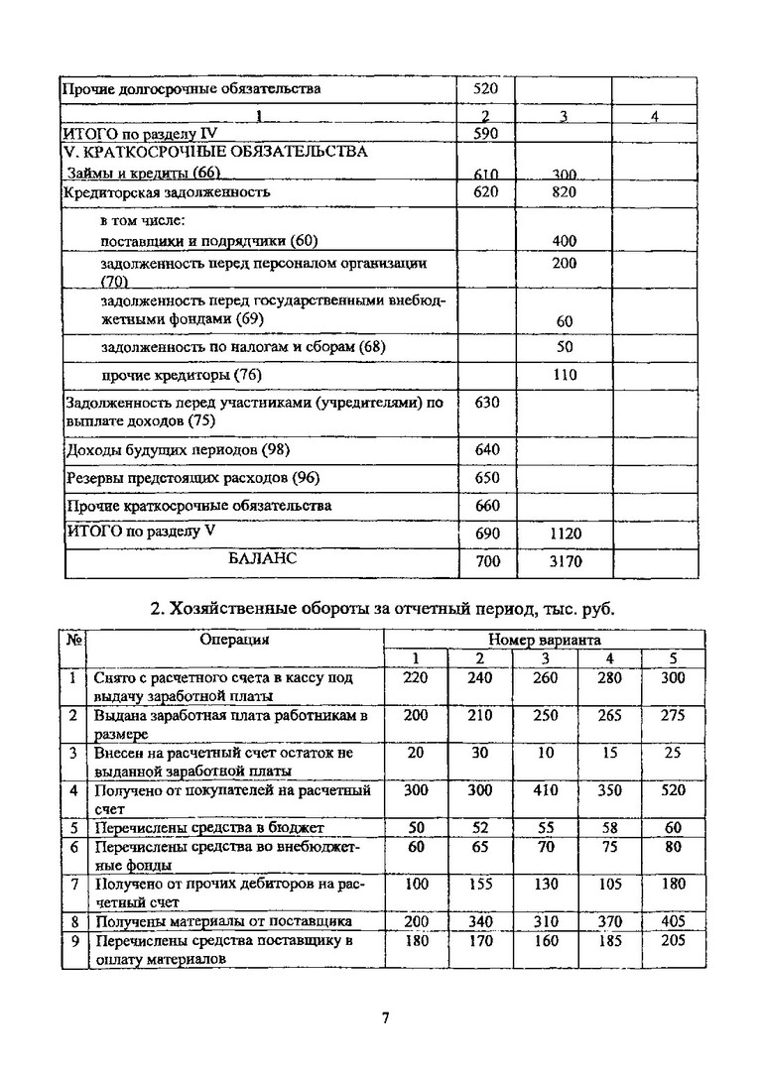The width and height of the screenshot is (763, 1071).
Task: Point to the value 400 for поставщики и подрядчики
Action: pos(565,241)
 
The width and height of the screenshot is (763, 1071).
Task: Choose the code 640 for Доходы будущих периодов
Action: pos(486,450)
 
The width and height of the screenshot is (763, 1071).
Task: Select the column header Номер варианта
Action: pos(544,641)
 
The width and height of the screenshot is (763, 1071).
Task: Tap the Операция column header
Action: pos(234,641)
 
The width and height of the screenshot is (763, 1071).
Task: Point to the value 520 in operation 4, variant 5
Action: pos(672,791)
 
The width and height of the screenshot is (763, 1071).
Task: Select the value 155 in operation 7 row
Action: pos(480,884)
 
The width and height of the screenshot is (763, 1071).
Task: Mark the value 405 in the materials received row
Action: pos(672,921)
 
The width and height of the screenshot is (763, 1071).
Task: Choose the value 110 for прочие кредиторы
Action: pos(565,376)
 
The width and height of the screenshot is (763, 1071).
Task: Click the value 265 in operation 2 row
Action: pos(608,716)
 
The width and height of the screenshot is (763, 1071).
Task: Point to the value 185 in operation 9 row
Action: pos(608,941)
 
